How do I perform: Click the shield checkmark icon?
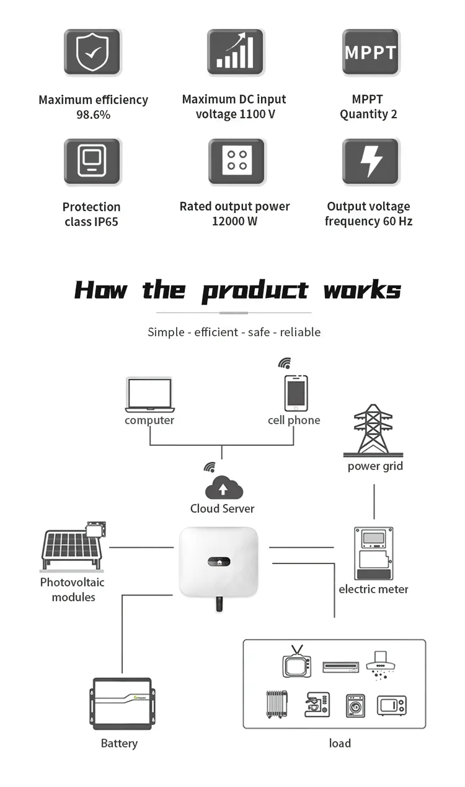tap(92, 52)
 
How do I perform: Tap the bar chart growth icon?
tap(236, 52)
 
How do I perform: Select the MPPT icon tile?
tap(370, 52)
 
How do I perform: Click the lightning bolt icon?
tap(371, 162)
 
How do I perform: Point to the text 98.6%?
tap(93, 115)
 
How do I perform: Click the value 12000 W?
tap(234, 222)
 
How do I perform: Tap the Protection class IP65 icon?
tap(92, 162)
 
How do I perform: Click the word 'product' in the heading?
tap(255, 290)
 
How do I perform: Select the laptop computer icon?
tap(149, 395)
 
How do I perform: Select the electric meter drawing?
tap(373, 554)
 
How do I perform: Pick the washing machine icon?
tap(355, 705)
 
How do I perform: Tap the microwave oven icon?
tap(392, 705)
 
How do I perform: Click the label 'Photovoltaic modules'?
tap(72, 589)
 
